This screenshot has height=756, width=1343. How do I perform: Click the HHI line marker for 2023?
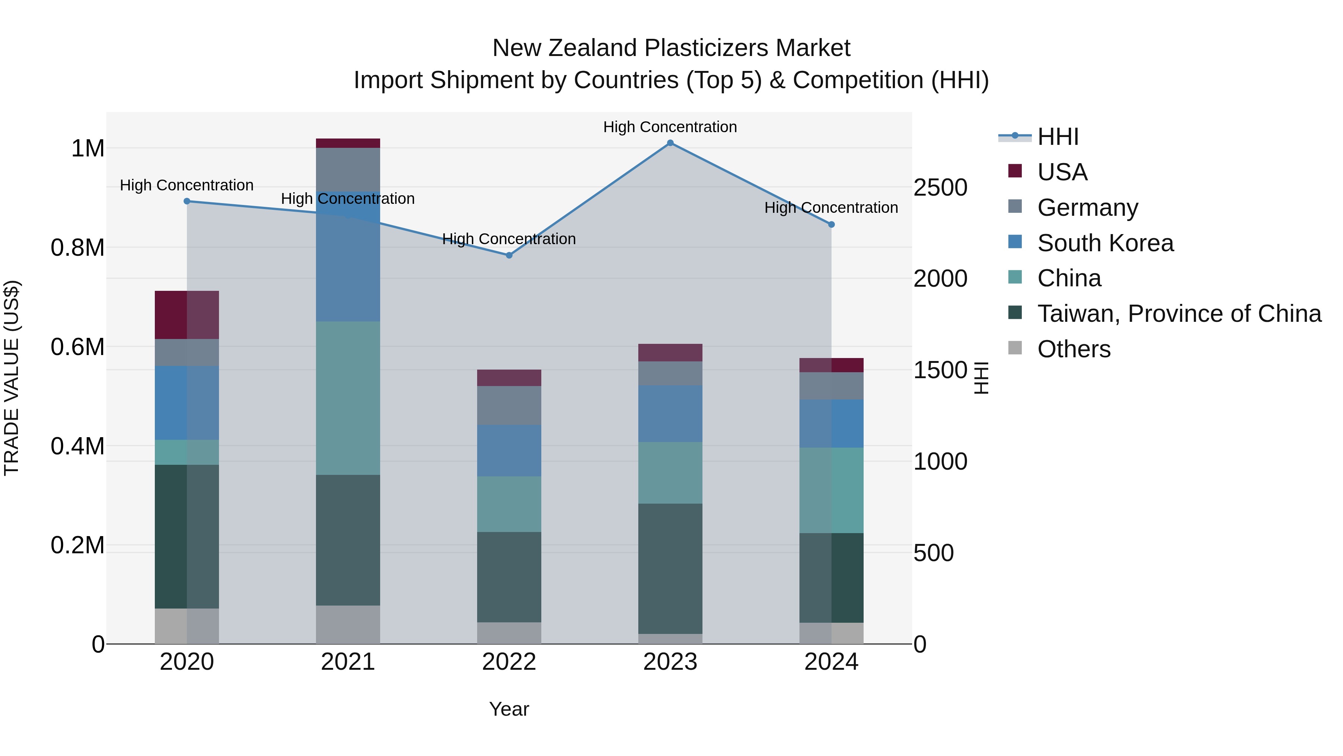click(670, 143)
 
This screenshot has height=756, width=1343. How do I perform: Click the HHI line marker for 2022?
click(509, 255)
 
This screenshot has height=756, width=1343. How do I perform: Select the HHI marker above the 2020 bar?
click(187, 201)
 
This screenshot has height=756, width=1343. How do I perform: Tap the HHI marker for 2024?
click(832, 224)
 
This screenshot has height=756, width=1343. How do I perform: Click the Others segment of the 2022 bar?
click(509, 632)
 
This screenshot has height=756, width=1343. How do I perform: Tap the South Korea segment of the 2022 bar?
click(509, 450)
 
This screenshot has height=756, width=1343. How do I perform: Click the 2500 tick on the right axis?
click(940, 187)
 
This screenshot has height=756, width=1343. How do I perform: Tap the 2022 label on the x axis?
click(509, 662)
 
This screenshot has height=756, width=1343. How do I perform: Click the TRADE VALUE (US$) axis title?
click(12, 378)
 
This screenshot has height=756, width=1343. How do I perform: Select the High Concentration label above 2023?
click(670, 127)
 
